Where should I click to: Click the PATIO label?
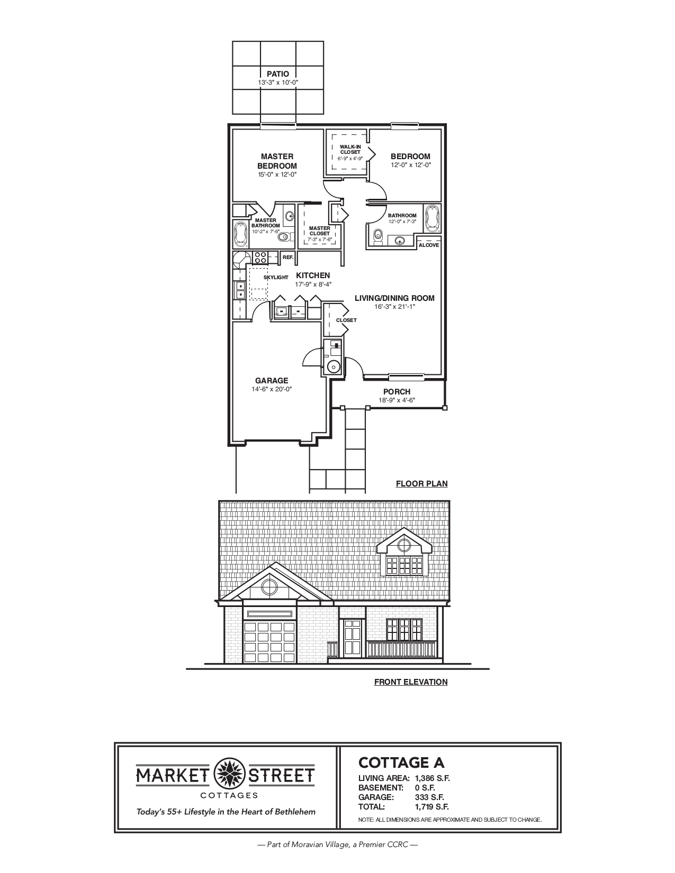click(277, 74)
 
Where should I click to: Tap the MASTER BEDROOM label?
click(277, 161)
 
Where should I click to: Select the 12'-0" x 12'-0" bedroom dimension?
click(411, 165)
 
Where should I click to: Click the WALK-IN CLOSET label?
click(350, 150)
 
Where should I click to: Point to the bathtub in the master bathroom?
click(241, 234)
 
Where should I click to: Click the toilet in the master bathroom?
click(284, 236)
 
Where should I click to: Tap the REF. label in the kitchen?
click(288, 257)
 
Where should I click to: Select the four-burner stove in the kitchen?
click(261, 257)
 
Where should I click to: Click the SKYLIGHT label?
click(276, 277)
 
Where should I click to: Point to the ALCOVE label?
click(429, 245)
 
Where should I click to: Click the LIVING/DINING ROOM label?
click(394, 298)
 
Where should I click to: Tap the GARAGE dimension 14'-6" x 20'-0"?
click(272, 389)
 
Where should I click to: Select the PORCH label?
click(397, 392)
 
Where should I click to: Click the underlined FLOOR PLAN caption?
click(421, 484)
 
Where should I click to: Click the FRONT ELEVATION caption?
click(411, 682)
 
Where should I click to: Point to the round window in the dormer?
click(404, 545)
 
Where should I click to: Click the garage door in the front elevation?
click(270, 642)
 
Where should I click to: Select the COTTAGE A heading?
click(401, 762)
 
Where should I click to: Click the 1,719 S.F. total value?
click(432, 807)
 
